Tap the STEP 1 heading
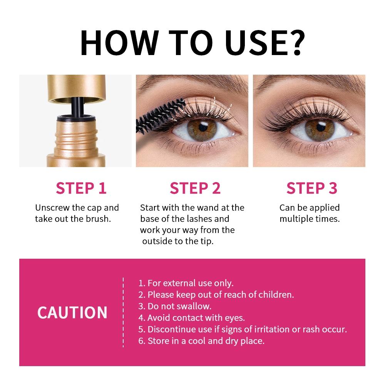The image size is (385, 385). coord(81,188)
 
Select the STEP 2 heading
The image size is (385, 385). coord(195,188)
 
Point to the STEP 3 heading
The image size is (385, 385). coord(312,188)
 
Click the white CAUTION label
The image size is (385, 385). coord(72,312)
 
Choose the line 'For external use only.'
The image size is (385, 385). coord(186,283)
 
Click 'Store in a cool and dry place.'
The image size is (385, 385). coord(201,341)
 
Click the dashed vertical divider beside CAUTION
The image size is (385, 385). coord(123,312)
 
